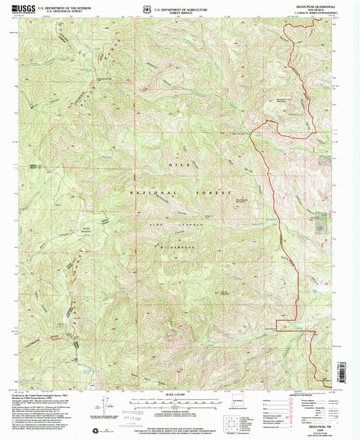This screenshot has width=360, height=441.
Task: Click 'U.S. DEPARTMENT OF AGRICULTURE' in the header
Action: coord(180,7)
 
